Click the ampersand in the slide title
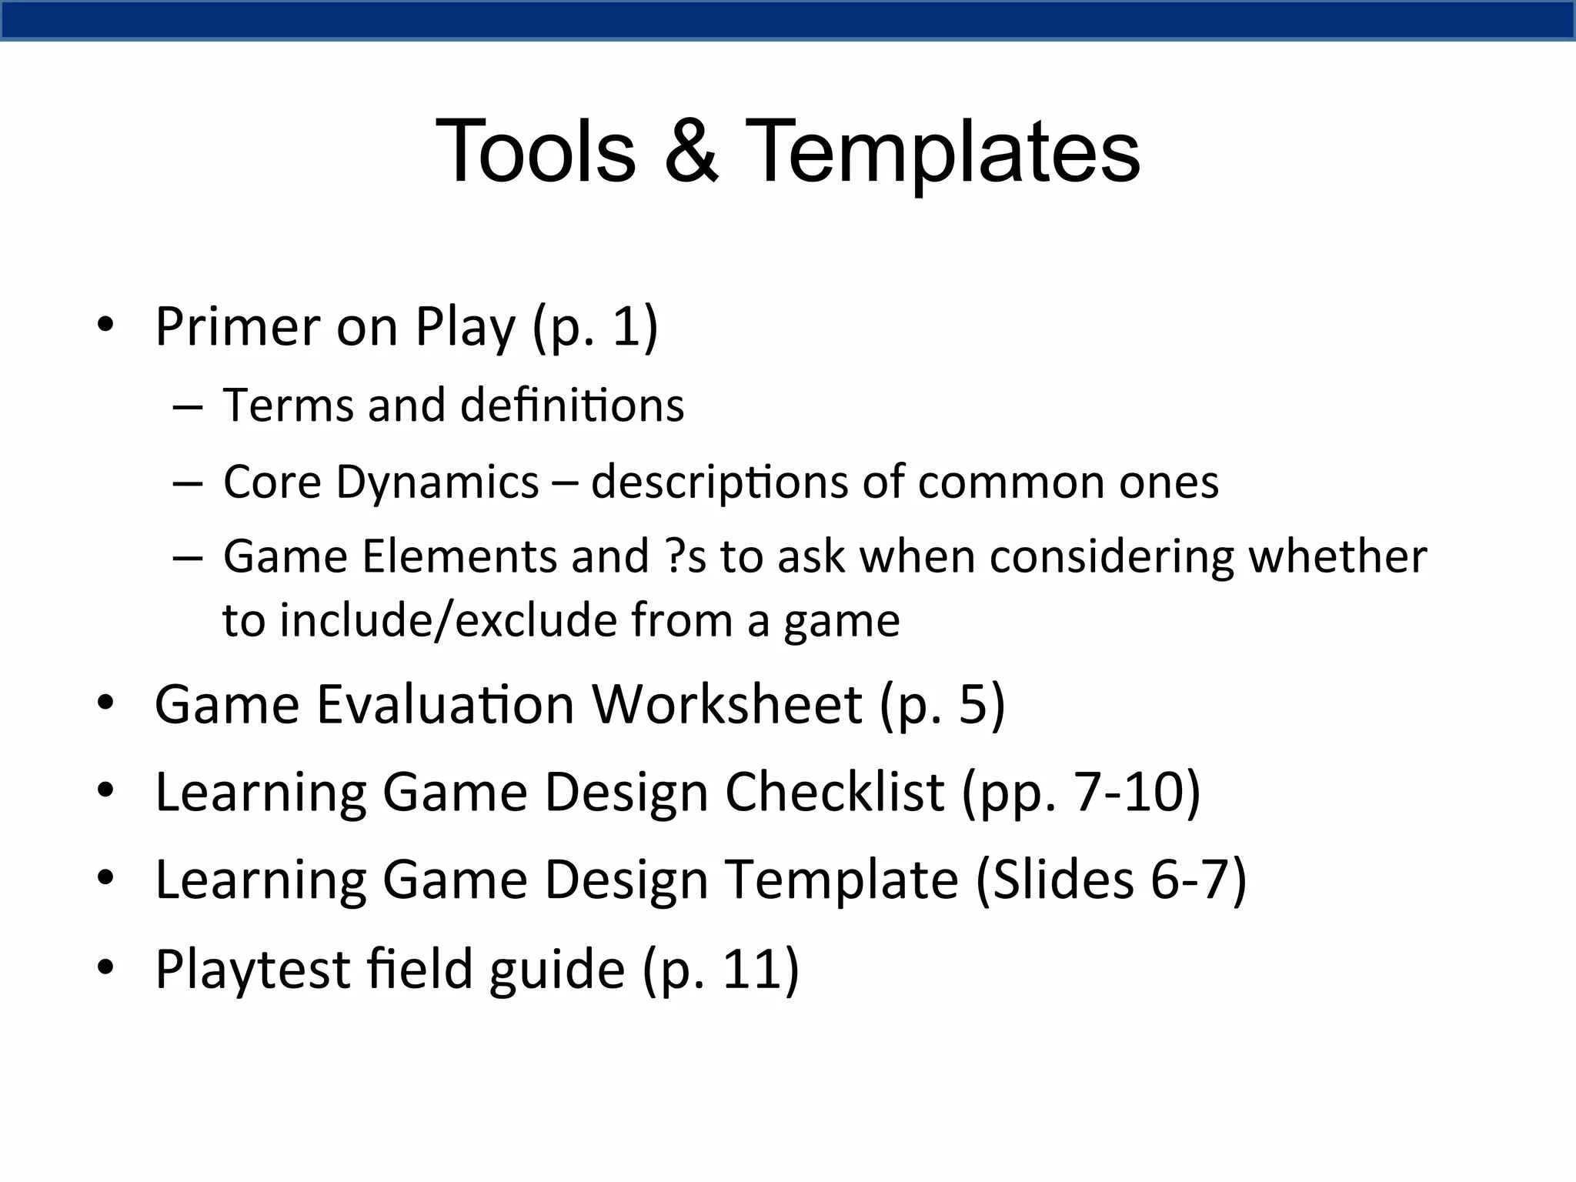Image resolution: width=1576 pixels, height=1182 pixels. [x=691, y=151]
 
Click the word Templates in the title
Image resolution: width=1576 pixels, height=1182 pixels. [x=943, y=151]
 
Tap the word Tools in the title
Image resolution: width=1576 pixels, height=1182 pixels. [x=536, y=151]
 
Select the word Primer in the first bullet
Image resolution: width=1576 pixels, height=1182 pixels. [x=237, y=327]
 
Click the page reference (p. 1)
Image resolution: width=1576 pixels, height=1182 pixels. [x=595, y=327]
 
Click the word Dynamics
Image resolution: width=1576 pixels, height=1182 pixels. [x=437, y=482]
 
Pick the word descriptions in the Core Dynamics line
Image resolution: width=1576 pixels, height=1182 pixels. [x=719, y=482]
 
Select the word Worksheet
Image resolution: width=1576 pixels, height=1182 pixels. [x=726, y=703]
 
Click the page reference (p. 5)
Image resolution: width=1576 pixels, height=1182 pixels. [x=943, y=703]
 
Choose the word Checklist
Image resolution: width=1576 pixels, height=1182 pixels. [x=834, y=792]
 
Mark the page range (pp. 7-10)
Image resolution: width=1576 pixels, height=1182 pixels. [x=1081, y=792]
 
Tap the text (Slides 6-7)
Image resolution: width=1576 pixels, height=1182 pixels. [x=1110, y=880]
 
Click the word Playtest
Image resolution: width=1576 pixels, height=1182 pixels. [x=252, y=969]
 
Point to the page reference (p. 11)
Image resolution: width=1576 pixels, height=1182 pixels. [x=720, y=969]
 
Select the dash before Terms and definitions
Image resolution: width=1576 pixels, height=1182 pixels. [x=188, y=406]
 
